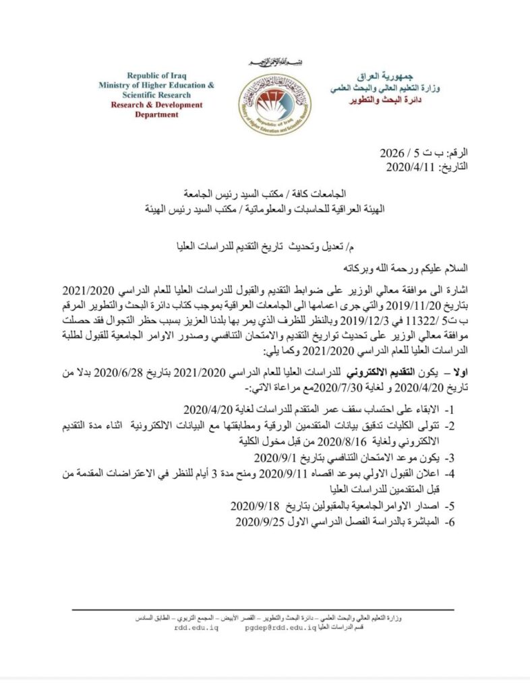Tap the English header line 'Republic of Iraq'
pos(156,75)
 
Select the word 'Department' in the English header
pos(156,115)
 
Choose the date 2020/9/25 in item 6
pos(257,522)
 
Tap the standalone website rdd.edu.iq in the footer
pos(196,627)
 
